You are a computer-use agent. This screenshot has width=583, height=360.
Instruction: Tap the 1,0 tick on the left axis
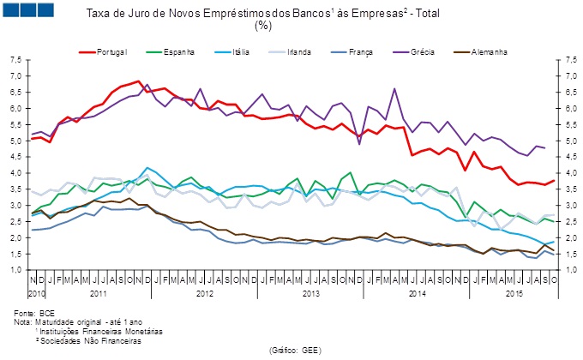(x=16, y=270)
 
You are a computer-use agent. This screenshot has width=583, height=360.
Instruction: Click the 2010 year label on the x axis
(x=36, y=294)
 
